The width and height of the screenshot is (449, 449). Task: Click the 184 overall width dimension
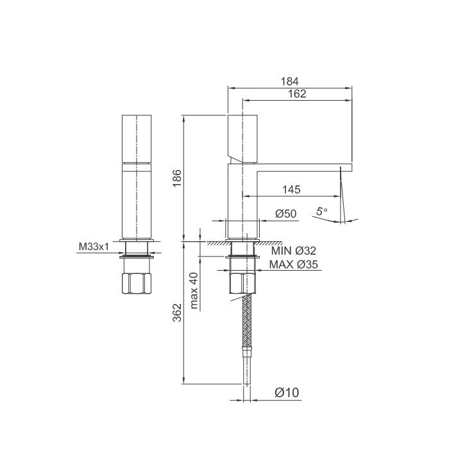pyautogui.click(x=291, y=81)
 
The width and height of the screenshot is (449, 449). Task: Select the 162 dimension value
pyautogui.click(x=297, y=94)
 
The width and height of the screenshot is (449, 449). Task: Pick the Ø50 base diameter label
pyautogui.click(x=285, y=214)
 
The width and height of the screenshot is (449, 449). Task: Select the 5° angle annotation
pyautogui.click(x=321, y=210)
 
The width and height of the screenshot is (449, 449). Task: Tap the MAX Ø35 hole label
pyautogui.click(x=293, y=264)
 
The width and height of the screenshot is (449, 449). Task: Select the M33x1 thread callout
pyautogui.click(x=92, y=246)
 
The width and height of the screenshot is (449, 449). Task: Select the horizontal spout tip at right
pyautogui.click(x=346, y=168)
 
